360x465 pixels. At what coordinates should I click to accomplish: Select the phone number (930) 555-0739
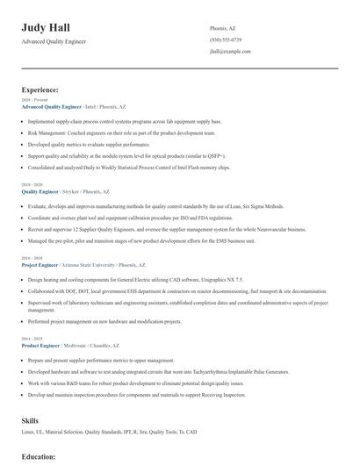pyautogui.click(x=226, y=39)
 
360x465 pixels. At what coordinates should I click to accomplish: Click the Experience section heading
pyautogui.click(x=40, y=89)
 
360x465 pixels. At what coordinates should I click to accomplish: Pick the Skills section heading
pyautogui.click(x=31, y=420)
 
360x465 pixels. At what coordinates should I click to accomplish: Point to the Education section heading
pyautogui.click(x=39, y=456)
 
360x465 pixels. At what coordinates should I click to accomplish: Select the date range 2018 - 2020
pyautogui.click(x=31, y=184)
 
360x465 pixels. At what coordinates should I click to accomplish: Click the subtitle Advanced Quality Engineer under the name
pyautogui.click(x=54, y=41)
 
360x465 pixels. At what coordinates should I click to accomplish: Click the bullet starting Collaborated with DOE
pyautogui.click(x=176, y=290)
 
